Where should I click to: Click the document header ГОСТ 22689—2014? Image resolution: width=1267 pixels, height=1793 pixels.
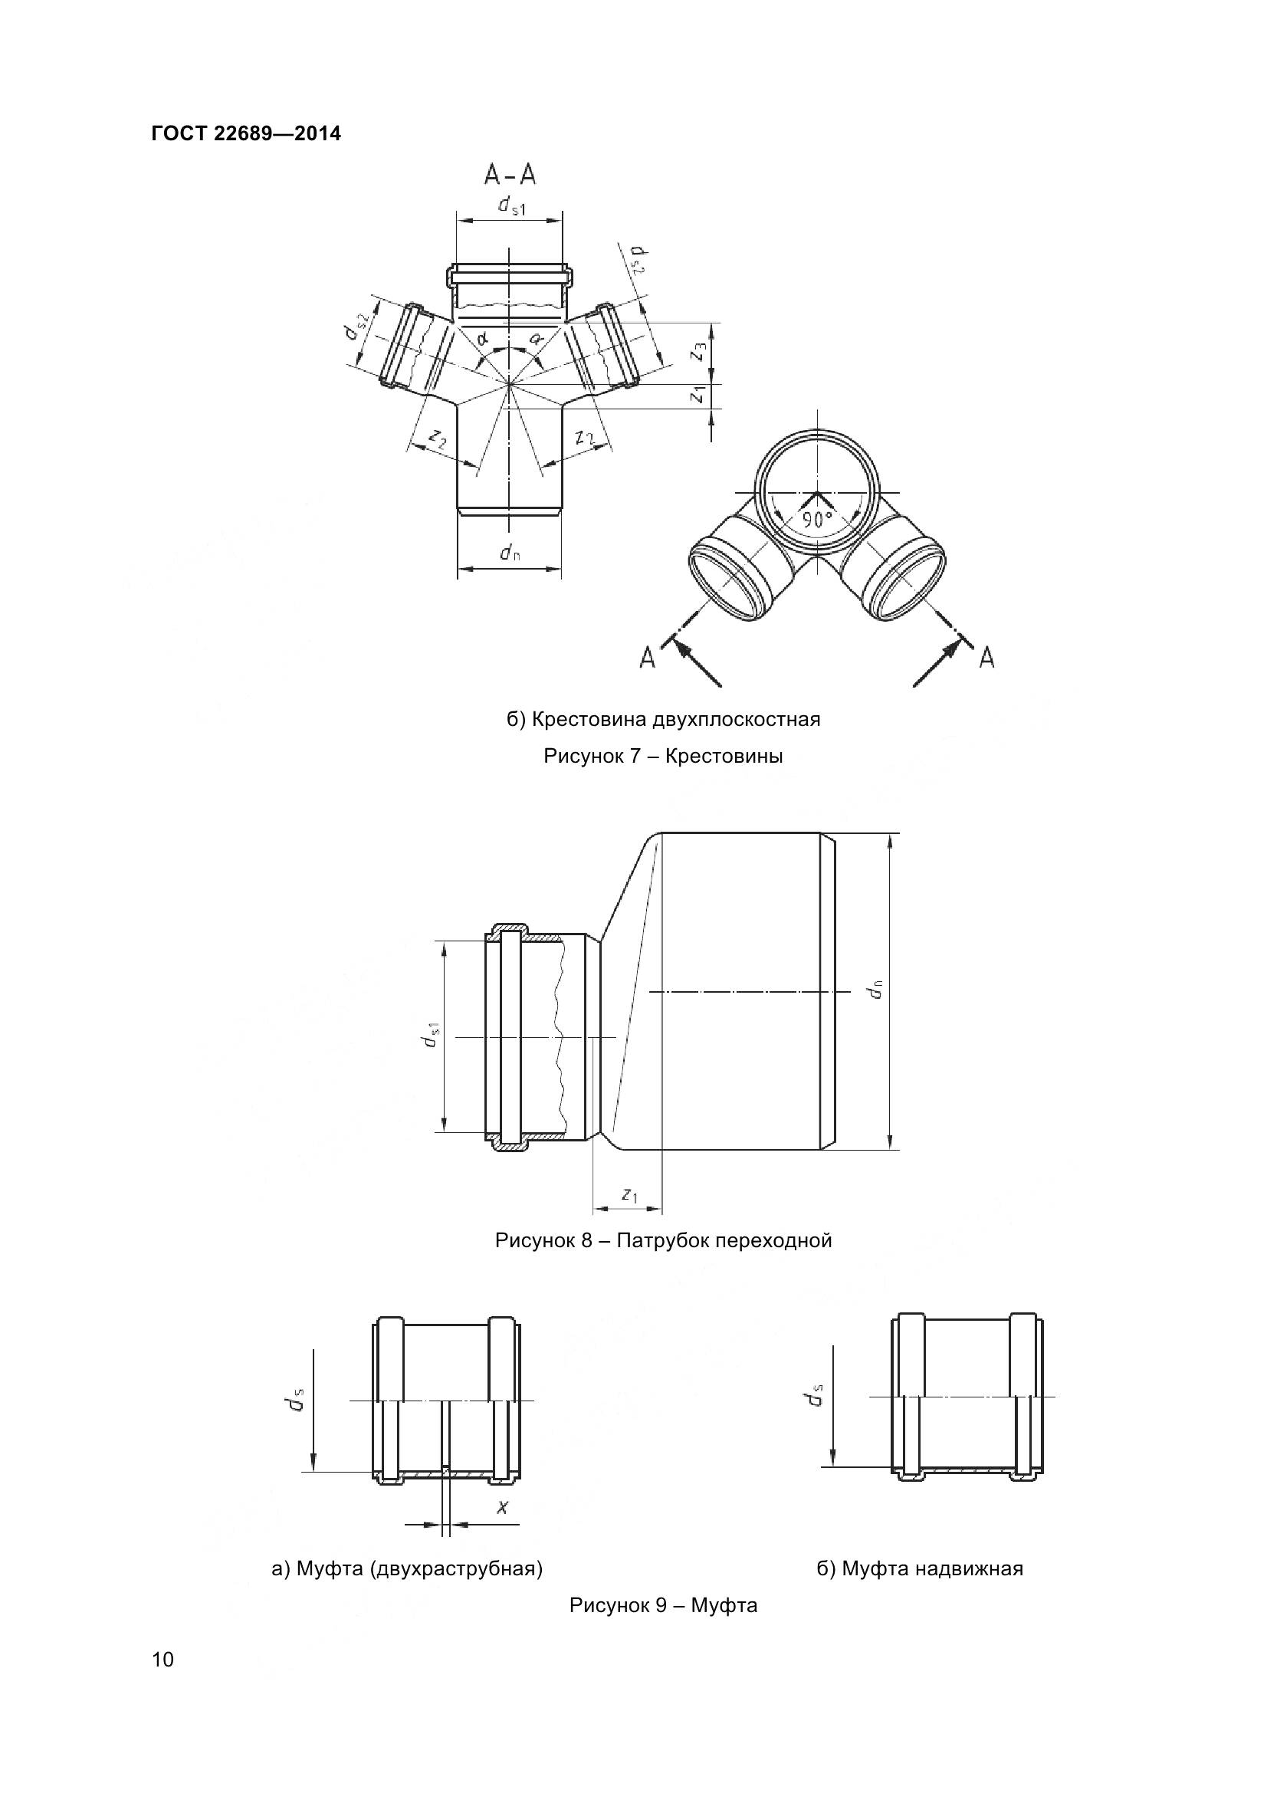[247, 134]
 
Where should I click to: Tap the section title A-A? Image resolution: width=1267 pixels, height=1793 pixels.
[510, 174]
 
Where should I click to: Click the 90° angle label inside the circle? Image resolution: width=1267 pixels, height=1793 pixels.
[815, 518]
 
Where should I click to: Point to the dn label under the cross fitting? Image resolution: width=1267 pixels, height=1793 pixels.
[510, 553]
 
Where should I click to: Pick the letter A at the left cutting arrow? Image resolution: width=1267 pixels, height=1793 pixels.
[647, 659]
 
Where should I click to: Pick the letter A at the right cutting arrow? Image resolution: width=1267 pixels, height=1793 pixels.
[986, 658]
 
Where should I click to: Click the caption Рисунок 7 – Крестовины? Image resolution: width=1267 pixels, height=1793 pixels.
[664, 756]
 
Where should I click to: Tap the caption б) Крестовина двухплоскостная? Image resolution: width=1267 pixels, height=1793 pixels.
[664, 719]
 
